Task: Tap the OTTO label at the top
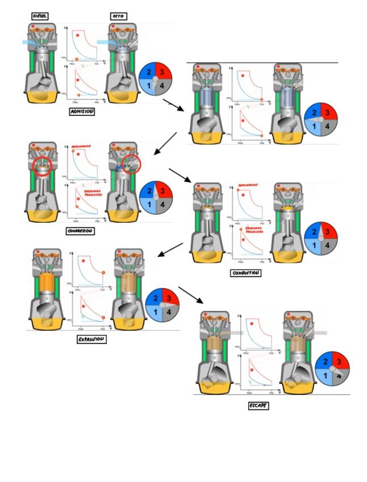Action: point(119,16)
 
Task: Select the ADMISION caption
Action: point(81,111)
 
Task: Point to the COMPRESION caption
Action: point(80,231)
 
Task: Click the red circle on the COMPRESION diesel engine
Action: point(44,167)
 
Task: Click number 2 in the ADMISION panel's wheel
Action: point(148,72)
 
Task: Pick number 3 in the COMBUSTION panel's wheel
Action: point(329,231)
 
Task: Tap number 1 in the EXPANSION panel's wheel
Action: point(154,311)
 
